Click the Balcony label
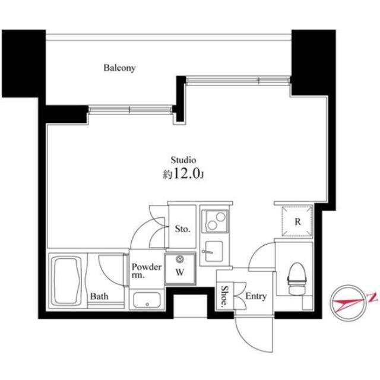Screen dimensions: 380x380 (120, 68)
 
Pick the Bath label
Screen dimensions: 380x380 (99, 296)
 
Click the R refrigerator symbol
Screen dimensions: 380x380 (296, 221)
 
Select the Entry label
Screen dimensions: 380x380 (256, 296)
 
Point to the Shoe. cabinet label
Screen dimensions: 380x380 (225, 295)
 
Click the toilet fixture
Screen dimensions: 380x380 (295, 277)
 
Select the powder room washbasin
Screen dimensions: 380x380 (147, 299)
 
